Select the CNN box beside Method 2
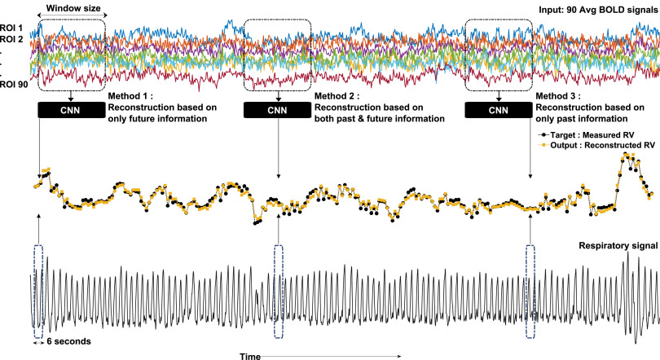pos(278,111)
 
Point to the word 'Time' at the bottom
pos(249,355)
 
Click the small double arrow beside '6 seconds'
pos(38,343)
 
